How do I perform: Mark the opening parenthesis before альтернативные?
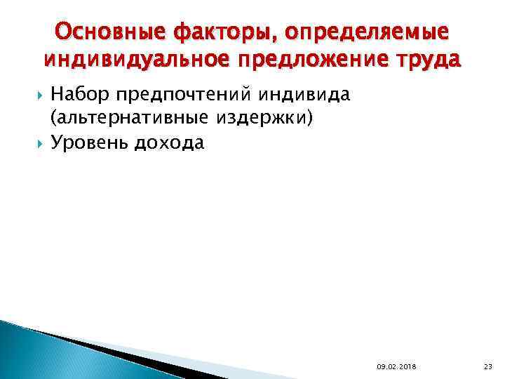[52, 120]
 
